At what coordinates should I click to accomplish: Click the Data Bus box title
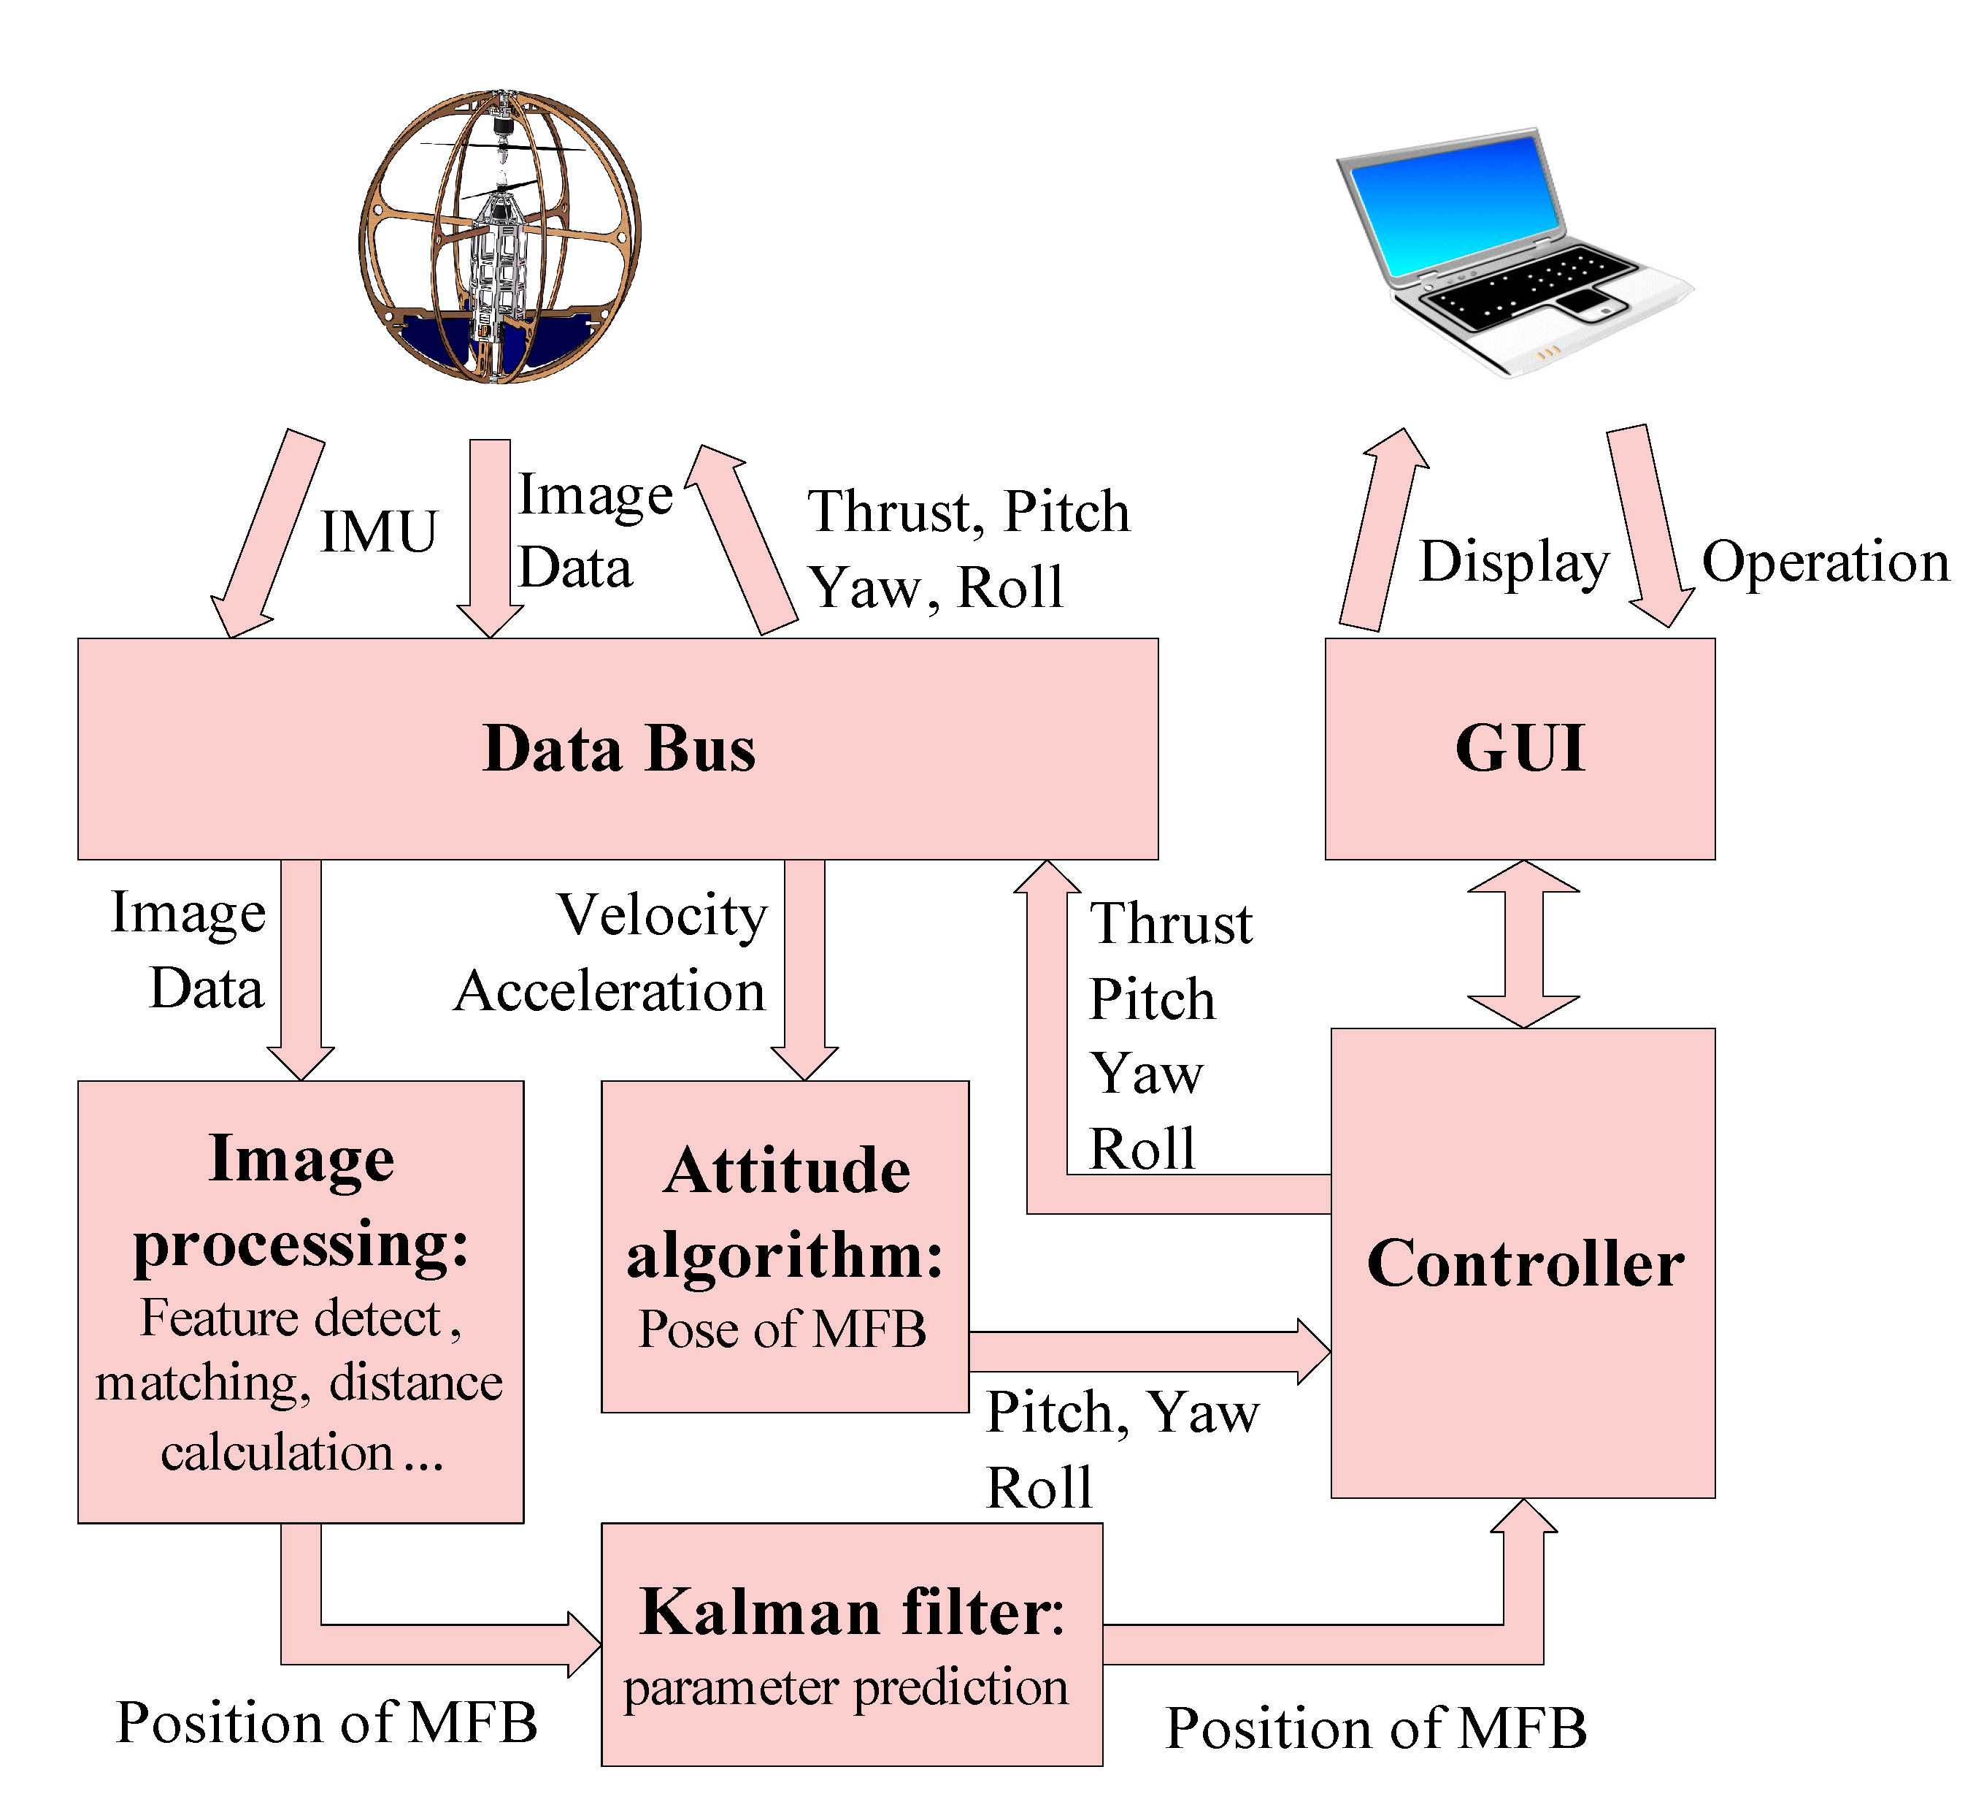click(619, 749)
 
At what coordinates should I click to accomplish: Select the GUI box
click(1520, 749)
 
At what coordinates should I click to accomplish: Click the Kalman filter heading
click(852, 1612)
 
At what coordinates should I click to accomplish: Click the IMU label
click(379, 532)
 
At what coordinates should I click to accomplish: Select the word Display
click(1514, 562)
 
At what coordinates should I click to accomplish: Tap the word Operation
click(1826, 562)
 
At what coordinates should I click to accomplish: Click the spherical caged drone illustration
click(500, 237)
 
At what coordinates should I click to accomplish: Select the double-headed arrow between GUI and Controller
click(1523, 943)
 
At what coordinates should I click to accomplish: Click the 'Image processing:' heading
click(301, 1202)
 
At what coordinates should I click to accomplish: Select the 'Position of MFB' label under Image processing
click(326, 1722)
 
